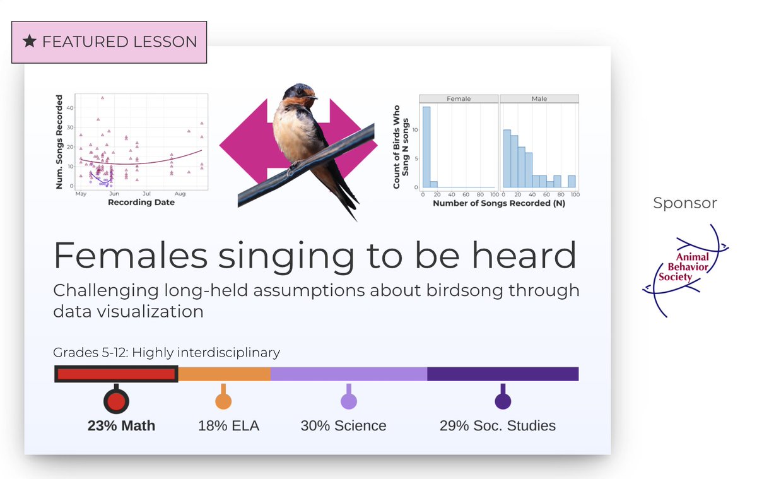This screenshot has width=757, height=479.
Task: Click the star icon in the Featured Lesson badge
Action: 30,42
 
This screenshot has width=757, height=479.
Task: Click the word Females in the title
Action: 131,255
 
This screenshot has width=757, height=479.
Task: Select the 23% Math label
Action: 121,425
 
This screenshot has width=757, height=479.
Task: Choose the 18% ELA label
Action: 228,425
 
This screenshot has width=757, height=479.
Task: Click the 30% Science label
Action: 343,425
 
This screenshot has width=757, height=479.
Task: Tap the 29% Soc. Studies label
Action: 498,425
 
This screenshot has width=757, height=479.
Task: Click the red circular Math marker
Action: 115,401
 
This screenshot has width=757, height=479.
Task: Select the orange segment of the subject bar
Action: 225,374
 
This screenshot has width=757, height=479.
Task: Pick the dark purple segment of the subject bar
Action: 503,374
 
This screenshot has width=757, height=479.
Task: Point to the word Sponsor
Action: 685,203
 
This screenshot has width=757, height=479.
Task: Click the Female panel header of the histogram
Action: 459,99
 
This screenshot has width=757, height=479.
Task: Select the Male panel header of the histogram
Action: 539,99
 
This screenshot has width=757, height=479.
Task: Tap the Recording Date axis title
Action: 141,203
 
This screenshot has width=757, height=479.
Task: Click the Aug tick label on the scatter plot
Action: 180,194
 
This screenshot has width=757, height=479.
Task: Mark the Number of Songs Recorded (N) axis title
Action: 498,204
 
